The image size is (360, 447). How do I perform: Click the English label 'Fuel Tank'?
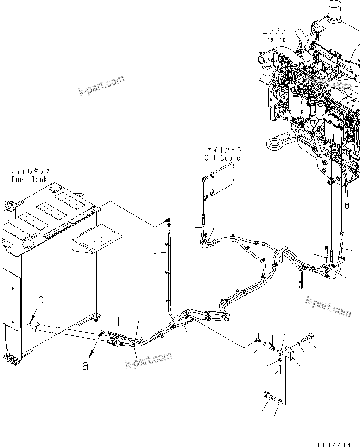coord(31,179)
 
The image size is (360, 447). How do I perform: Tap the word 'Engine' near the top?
coord(274,39)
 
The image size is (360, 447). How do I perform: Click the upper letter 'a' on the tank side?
coord(41,301)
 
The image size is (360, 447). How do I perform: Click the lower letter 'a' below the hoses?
coord(85,365)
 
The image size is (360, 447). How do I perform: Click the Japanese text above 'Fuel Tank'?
coord(31,171)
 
